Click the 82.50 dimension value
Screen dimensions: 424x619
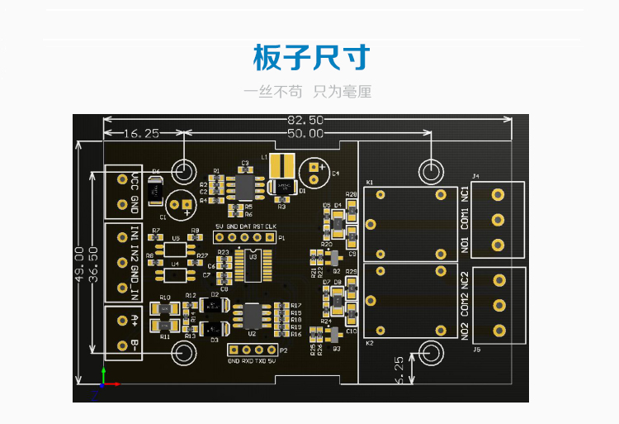pos(305,121)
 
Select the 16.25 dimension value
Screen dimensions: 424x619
pos(141,133)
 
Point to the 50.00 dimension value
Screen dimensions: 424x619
pos(305,133)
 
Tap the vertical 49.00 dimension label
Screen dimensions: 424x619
pos(79,264)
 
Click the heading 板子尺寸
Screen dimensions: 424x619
pos(310,59)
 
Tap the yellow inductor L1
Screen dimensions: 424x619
pos(283,165)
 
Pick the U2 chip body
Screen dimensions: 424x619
pos(250,316)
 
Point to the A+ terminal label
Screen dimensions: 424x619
pos(135,318)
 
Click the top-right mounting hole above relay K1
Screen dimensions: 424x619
pos(430,170)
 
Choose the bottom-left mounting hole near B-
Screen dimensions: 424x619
pos(182,353)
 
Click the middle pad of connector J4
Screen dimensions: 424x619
pos(498,220)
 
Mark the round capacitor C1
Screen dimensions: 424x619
pos(180,203)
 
